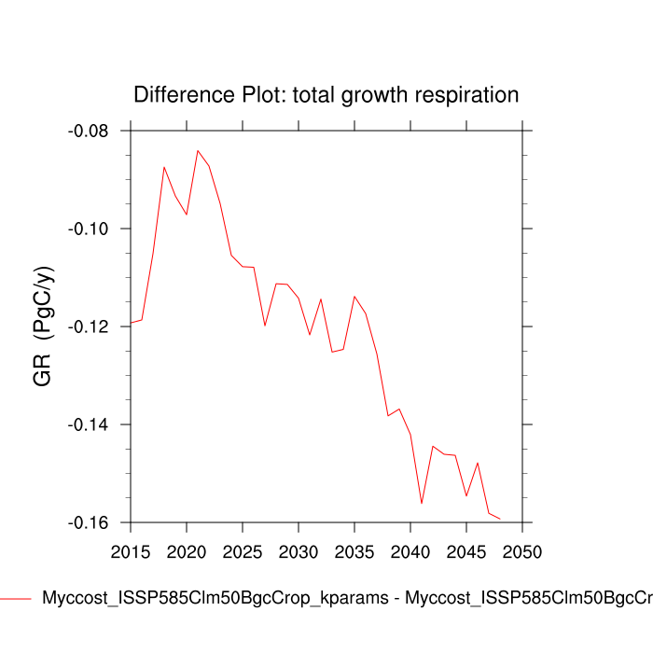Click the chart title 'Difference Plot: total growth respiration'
click(x=326, y=95)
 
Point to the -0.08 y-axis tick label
click(x=89, y=131)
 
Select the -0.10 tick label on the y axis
click(x=89, y=229)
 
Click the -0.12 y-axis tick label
click(x=89, y=326)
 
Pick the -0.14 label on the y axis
click(x=89, y=424)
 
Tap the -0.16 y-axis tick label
click(x=89, y=522)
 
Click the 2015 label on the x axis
click(x=131, y=552)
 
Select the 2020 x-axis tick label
click(x=187, y=552)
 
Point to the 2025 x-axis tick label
click(x=243, y=552)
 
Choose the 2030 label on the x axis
click(x=299, y=552)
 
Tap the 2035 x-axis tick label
click(x=354, y=552)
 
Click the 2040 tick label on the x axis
click(x=410, y=552)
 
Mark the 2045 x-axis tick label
click(x=466, y=552)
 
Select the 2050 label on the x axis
click(x=522, y=552)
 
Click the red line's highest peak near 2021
click(x=198, y=150)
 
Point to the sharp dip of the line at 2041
click(x=422, y=504)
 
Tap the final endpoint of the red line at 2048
click(x=500, y=519)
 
